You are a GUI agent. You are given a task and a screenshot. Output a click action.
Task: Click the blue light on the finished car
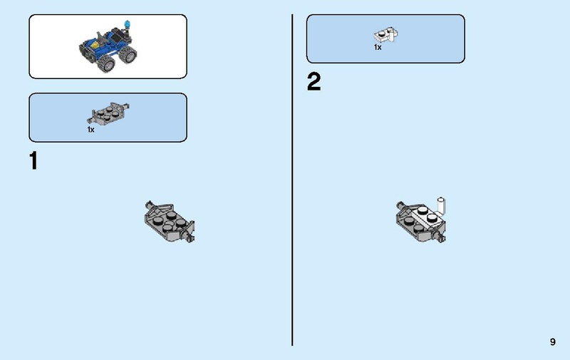128,24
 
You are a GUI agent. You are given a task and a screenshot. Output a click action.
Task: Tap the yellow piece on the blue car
94,45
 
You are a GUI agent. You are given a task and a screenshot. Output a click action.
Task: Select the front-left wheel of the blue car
107,64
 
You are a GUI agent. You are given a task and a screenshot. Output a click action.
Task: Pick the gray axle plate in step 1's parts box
108,113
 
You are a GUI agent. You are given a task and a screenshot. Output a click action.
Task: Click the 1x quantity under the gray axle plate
90,130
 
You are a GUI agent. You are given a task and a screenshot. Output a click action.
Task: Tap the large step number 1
33,160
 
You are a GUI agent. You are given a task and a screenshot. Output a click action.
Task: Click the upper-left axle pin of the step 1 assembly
149,204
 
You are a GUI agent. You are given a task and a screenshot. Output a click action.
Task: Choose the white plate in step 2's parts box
385,35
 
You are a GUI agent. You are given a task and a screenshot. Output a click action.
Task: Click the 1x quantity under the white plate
378,47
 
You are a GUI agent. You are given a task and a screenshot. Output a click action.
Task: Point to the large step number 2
314,81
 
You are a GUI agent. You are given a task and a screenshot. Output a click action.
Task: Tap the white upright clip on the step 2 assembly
441,206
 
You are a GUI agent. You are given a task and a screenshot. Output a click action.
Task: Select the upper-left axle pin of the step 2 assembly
400,205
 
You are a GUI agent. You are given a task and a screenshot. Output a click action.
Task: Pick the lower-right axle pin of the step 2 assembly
441,238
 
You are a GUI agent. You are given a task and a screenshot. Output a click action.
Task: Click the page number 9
553,341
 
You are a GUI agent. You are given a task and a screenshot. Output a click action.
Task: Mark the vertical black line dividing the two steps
292,180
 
